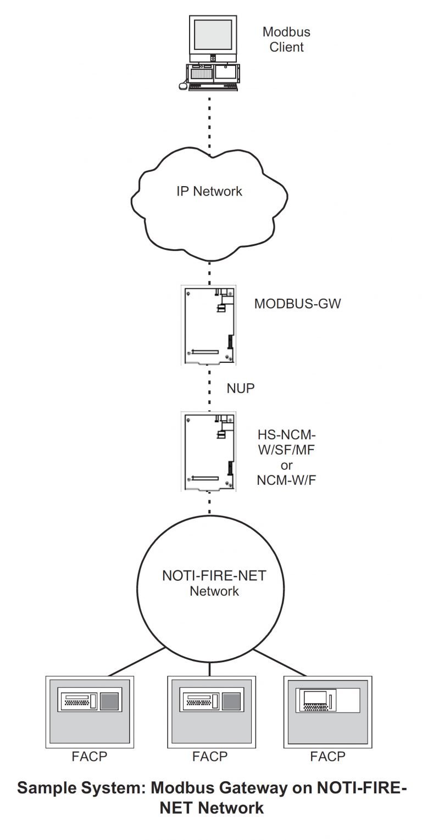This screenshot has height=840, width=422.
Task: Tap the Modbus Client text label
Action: pyautogui.click(x=283, y=40)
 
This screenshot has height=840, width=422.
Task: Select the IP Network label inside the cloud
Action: pyautogui.click(x=209, y=191)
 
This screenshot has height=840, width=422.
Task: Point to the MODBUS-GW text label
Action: pyautogui.click(x=297, y=304)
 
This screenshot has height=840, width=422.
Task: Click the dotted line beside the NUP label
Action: pyautogui.click(x=210, y=389)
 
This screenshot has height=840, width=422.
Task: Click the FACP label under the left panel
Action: pyautogui.click(x=90, y=757)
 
